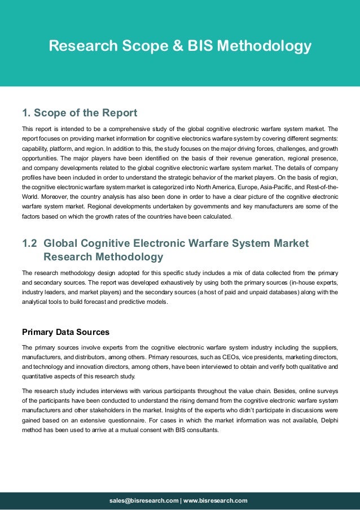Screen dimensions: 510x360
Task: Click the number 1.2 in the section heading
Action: pos(29,243)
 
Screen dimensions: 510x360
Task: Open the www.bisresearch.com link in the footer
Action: pos(216,500)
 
